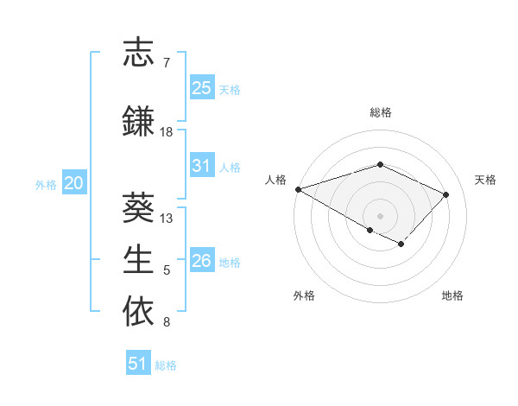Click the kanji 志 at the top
139,54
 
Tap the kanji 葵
139,207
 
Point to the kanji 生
139,259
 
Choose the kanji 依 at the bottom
139,311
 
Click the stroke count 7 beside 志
167,63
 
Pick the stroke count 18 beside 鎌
167,132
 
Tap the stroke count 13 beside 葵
167,219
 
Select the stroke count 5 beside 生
167,270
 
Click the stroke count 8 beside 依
167,322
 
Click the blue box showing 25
202,88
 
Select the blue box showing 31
202,166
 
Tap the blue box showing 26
202,261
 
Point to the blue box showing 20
74,183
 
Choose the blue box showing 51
138,364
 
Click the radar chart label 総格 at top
381,112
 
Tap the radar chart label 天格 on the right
486,180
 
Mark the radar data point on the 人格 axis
298,188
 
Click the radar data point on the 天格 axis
445,194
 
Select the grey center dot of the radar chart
380,215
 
